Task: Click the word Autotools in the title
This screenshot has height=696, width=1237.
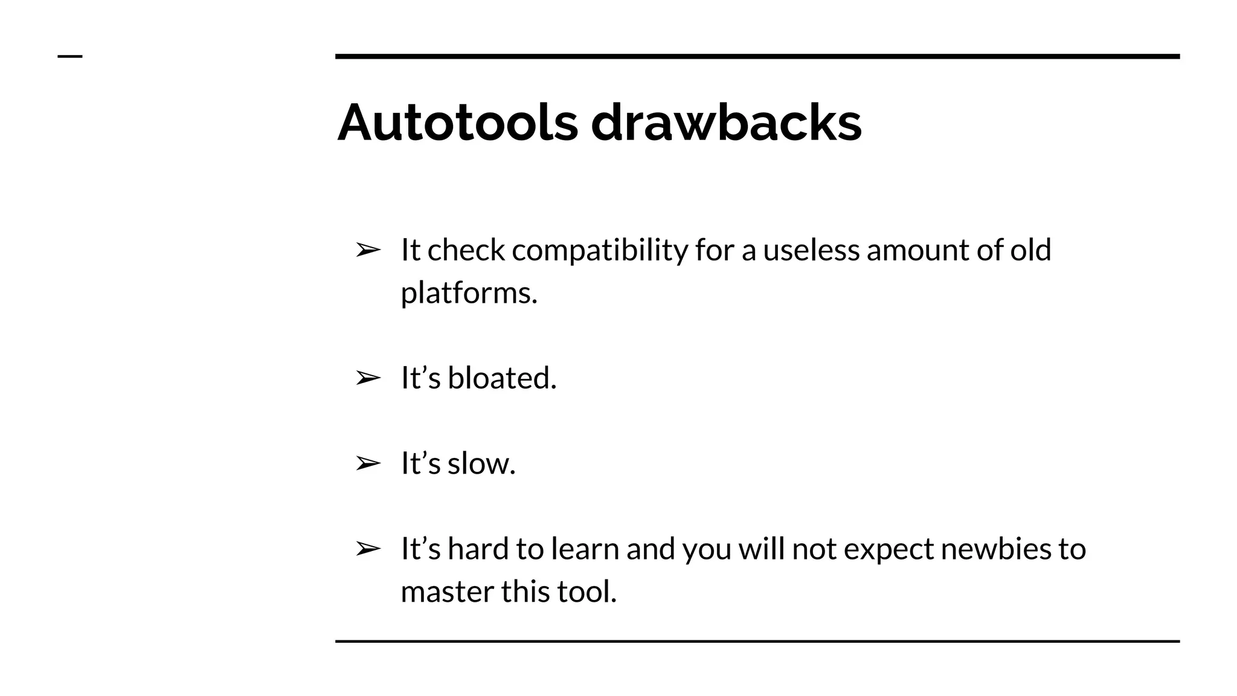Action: point(457,123)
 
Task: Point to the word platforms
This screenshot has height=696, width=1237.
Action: point(469,294)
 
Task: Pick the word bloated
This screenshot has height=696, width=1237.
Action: point(501,378)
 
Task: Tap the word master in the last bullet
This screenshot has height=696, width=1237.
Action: point(446,591)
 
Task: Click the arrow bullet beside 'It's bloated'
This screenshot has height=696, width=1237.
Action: point(368,379)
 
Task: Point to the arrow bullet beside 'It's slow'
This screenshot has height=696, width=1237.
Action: point(368,464)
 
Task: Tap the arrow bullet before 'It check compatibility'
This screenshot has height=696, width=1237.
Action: point(368,250)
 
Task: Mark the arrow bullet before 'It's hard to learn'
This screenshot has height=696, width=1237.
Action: point(368,549)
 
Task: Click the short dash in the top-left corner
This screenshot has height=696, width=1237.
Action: point(70,57)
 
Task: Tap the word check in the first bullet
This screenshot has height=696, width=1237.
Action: point(466,250)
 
